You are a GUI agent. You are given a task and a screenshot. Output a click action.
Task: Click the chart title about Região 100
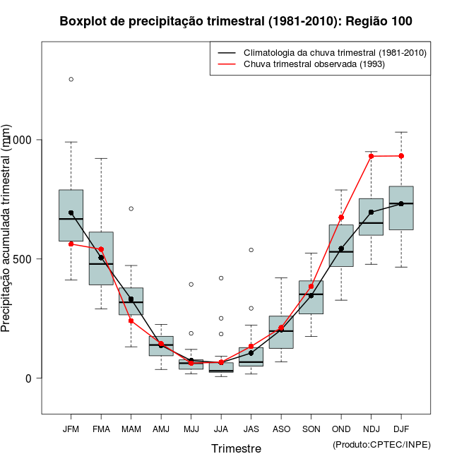[x=236, y=21]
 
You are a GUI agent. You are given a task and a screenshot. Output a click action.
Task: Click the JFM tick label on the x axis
[x=71, y=429]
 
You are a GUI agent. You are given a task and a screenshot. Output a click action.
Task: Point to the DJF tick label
[x=401, y=429]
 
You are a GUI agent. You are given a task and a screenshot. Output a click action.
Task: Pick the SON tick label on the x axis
[x=311, y=429]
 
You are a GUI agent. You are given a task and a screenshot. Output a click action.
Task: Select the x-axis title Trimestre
[x=236, y=448]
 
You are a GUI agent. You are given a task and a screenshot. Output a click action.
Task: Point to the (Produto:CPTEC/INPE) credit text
[x=381, y=444]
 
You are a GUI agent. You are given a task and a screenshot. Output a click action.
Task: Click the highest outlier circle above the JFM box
[x=71, y=79]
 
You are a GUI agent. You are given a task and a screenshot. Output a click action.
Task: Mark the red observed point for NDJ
[x=371, y=156]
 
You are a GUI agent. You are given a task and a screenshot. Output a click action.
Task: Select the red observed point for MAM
[x=131, y=321]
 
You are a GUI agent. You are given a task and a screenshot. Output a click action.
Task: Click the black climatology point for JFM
[x=71, y=213]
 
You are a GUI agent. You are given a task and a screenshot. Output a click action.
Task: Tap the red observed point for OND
[x=341, y=217]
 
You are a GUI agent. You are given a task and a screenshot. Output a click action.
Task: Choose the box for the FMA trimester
[x=101, y=258]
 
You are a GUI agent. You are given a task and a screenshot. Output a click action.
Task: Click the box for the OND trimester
[x=341, y=245]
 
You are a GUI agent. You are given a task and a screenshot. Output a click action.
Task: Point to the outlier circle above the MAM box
[x=131, y=208]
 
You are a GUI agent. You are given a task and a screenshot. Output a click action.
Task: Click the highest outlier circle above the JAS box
[x=251, y=250]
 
